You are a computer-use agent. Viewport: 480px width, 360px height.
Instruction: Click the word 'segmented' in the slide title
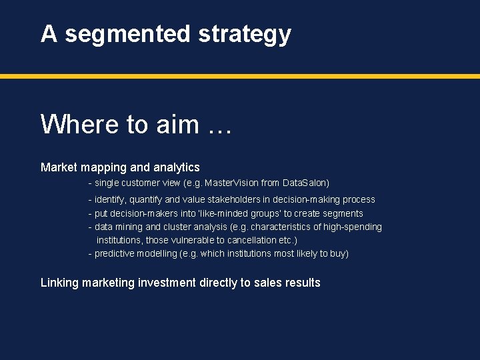point(127,34)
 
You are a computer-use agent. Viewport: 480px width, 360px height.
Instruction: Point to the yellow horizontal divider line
point(240,77)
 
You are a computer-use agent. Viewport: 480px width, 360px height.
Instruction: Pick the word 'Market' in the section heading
point(59,167)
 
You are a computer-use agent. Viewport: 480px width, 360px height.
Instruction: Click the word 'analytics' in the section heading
point(176,167)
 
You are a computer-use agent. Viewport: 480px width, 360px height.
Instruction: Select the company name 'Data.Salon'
point(305,183)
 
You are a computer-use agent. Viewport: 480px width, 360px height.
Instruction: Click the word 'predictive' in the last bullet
point(115,253)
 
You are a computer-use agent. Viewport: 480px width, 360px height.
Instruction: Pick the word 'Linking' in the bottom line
point(59,283)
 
